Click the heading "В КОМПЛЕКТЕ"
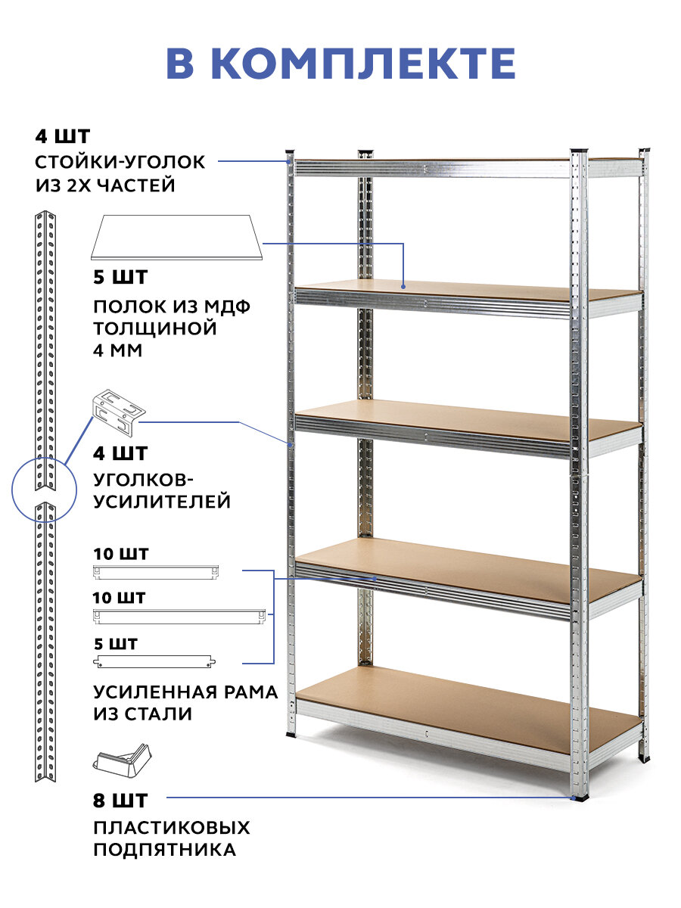340,64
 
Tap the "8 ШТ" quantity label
121,800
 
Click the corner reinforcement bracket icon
118,412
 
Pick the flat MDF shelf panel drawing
176,236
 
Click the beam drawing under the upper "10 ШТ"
156,571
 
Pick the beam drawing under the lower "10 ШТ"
179,616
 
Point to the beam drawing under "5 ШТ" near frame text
154,662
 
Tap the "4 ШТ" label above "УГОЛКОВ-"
121,454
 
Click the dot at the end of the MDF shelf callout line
403,286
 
